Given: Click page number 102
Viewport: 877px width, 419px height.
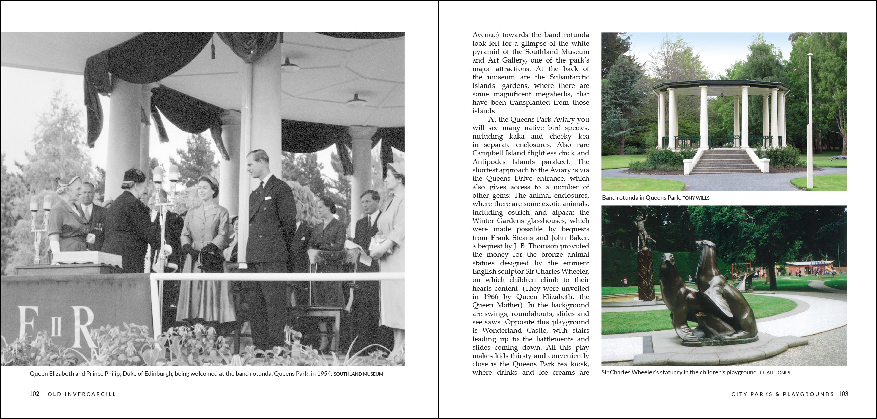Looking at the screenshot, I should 34,394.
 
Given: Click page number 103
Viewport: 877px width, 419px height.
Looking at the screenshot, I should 843,394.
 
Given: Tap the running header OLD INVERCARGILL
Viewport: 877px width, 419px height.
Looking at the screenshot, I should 82,394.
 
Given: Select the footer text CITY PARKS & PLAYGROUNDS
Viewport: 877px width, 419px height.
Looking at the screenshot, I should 783,394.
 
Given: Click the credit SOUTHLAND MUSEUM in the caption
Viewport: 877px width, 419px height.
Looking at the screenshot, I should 358,374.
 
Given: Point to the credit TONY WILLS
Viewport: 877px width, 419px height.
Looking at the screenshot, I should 696,198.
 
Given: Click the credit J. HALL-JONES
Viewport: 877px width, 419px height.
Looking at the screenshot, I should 774,373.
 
